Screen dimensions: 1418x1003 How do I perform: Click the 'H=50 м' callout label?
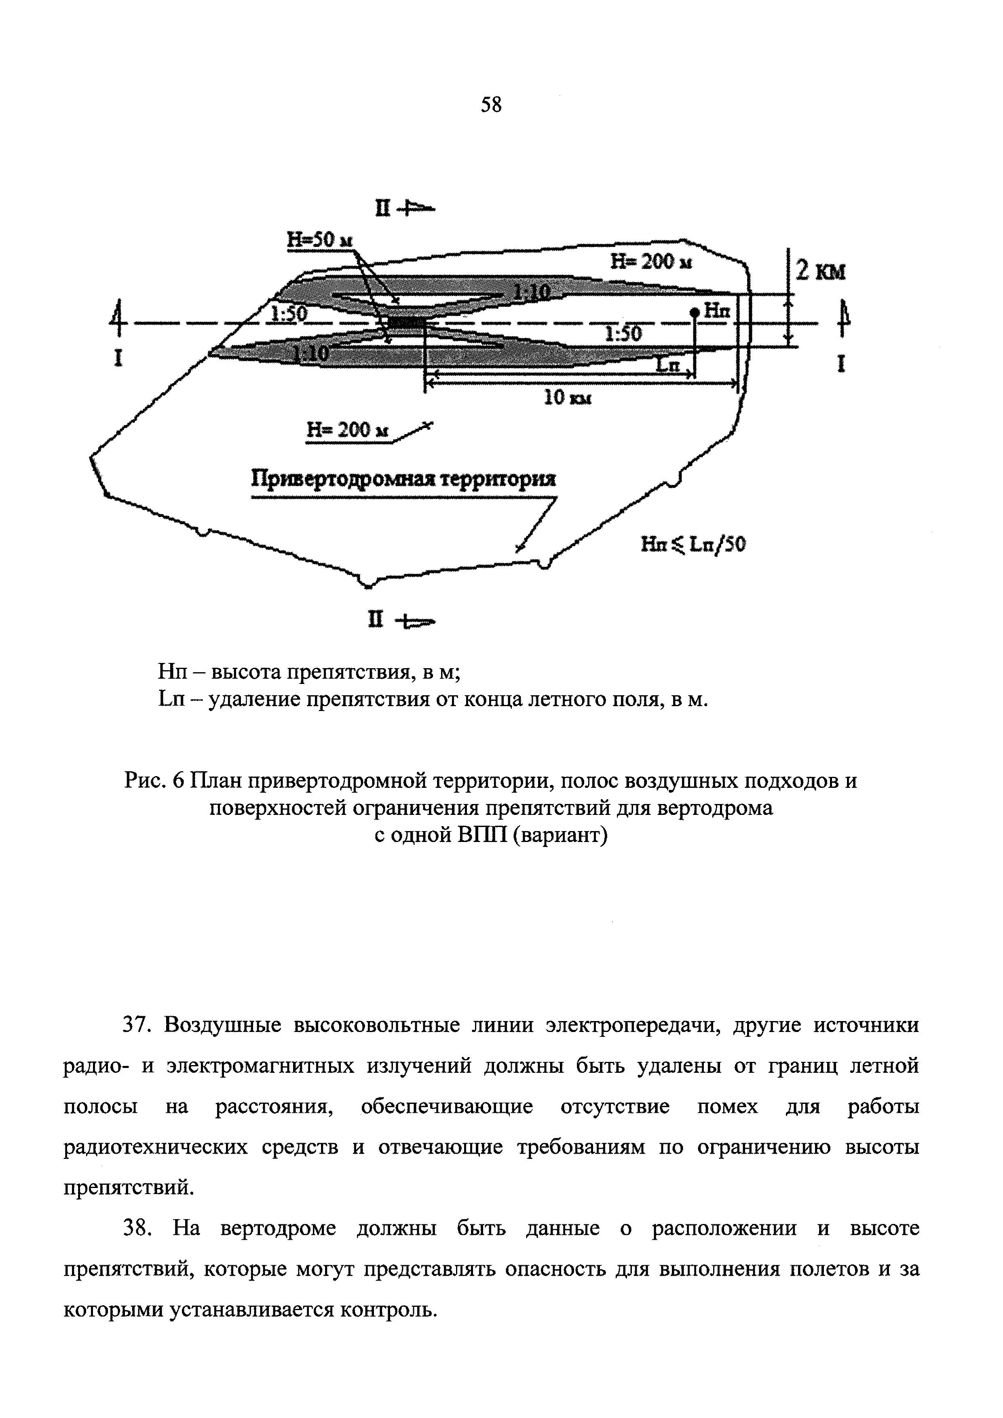pyautogui.click(x=319, y=240)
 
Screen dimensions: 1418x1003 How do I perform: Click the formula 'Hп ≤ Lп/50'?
pyautogui.click(x=693, y=544)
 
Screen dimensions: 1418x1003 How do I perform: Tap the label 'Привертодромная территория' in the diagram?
pyautogui.click(x=403, y=480)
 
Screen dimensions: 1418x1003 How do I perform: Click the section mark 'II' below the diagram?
pyautogui.click(x=376, y=619)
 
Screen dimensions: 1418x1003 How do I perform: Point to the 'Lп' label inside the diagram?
pyautogui.click(x=667, y=366)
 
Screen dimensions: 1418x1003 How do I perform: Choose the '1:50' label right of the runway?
pyautogui.click(x=623, y=334)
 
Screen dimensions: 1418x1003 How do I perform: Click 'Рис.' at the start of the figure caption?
pyautogui.click(x=144, y=781)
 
